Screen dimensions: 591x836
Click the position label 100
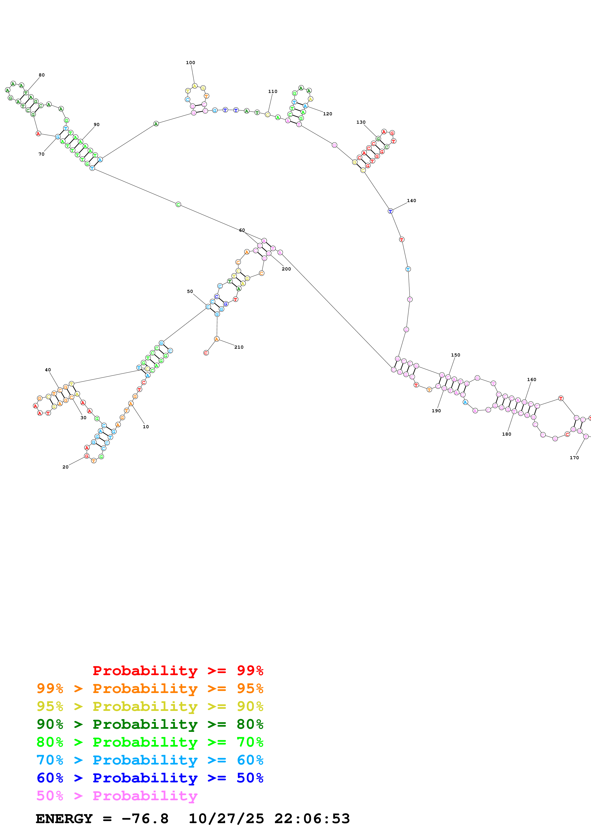click(x=190, y=63)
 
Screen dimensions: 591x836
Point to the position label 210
click(x=239, y=347)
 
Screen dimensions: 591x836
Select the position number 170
click(x=574, y=458)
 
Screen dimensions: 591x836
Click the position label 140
click(x=411, y=201)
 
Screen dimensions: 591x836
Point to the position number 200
click(x=286, y=269)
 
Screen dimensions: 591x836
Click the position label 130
click(x=361, y=122)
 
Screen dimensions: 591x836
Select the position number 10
click(x=146, y=427)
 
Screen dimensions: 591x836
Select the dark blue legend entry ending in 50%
click(x=150, y=778)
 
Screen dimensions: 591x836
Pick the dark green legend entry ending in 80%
click(x=150, y=724)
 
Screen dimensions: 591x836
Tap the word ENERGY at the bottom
click(x=64, y=819)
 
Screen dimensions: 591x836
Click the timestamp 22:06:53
click(x=312, y=819)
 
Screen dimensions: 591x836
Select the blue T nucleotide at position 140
click(x=390, y=211)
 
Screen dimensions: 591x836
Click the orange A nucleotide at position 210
click(x=217, y=339)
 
